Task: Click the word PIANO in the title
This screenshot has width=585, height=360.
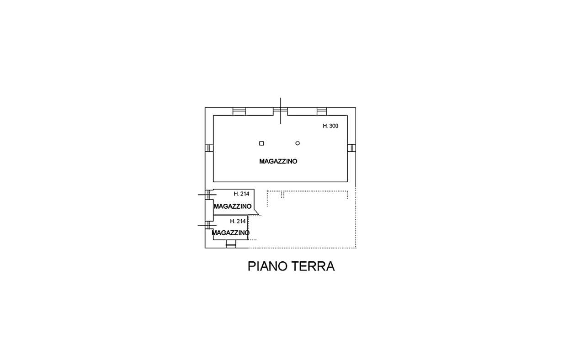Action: point(267,266)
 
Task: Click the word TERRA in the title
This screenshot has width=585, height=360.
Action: point(313,266)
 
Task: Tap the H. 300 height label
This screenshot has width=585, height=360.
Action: point(330,126)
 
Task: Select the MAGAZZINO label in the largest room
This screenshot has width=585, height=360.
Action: point(278,161)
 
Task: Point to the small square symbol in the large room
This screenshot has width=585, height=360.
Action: point(261,143)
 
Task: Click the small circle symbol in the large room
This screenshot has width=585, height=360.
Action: point(298,143)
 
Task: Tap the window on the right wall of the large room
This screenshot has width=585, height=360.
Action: point(351,148)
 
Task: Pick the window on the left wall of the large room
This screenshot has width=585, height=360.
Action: point(209,148)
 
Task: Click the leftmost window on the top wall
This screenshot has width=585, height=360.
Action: point(239,111)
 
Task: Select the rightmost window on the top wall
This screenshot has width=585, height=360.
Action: point(322,111)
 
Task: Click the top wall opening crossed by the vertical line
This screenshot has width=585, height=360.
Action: point(280,111)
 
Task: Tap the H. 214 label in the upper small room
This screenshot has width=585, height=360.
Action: point(241,194)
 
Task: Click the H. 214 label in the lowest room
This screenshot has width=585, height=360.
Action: point(238,222)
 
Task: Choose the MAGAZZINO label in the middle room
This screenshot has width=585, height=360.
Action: point(233,206)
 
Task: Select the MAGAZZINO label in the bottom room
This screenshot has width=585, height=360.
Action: point(230,233)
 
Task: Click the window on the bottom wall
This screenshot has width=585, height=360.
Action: point(231,244)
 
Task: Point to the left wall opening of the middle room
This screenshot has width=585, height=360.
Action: point(207,195)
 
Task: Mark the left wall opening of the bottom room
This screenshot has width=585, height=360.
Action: point(207,225)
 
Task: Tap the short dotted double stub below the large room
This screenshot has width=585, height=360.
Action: point(282,195)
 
